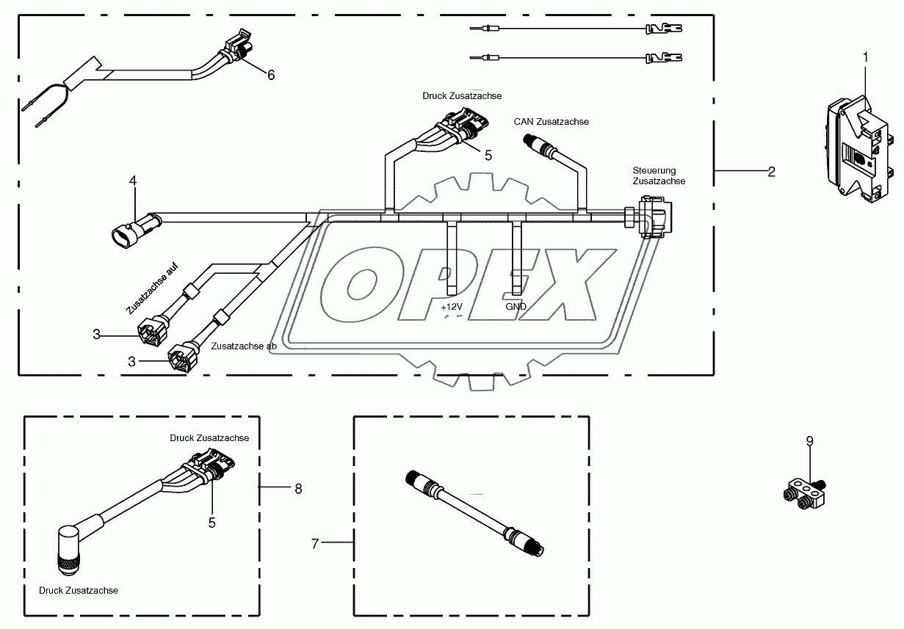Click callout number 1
pyautogui.click(x=865, y=56)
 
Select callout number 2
pyautogui.click(x=771, y=172)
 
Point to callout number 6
pyautogui.click(x=270, y=75)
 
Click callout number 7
pyautogui.click(x=315, y=544)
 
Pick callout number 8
pyautogui.click(x=298, y=488)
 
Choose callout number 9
pyautogui.click(x=809, y=441)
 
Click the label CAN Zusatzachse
pyautogui.click(x=551, y=122)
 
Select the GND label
pyautogui.click(x=516, y=307)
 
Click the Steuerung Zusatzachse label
pyautogui.click(x=659, y=175)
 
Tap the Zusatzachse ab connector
pyautogui.click(x=181, y=359)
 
